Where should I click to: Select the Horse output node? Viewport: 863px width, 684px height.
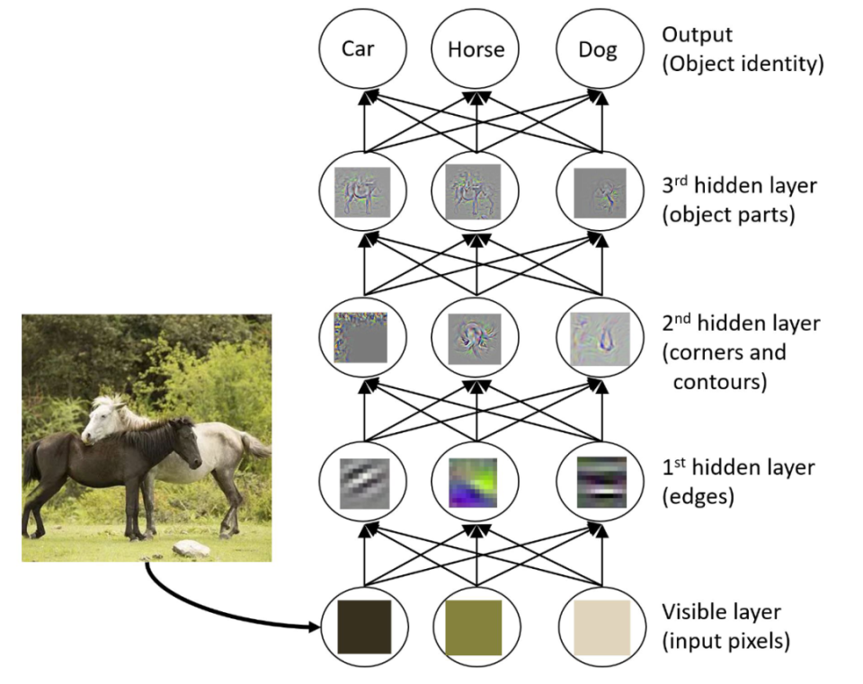[476, 49]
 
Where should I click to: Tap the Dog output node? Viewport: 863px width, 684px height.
[598, 49]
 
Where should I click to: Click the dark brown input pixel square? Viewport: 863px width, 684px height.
[364, 626]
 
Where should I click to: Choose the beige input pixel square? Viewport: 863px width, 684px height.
[601, 626]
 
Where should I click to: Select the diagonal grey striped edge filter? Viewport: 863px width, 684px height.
[364, 483]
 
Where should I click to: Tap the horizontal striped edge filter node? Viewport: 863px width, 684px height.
[601, 483]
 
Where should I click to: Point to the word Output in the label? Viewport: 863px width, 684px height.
[697, 35]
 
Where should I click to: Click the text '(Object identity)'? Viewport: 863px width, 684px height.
[743, 65]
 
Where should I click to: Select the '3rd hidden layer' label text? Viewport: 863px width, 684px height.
[739, 186]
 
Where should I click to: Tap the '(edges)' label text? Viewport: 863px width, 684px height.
[698, 496]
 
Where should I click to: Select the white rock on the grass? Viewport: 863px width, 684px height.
[191, 548]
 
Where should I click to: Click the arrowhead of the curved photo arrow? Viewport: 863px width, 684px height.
[316, 626]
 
